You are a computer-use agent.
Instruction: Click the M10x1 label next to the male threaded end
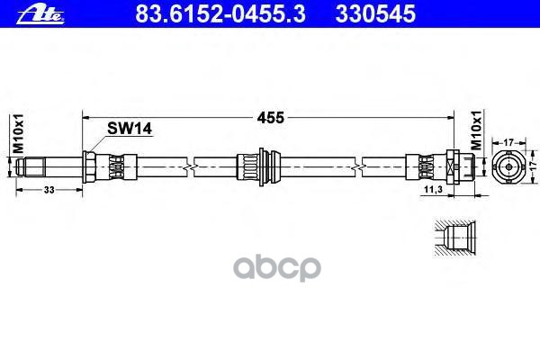[15, 131]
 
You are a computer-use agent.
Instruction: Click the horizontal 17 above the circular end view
[510, 141]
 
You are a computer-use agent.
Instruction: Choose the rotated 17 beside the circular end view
[533, 166]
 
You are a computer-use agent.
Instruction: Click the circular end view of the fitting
[509, 166]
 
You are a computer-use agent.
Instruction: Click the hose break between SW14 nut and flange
[186, 166]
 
